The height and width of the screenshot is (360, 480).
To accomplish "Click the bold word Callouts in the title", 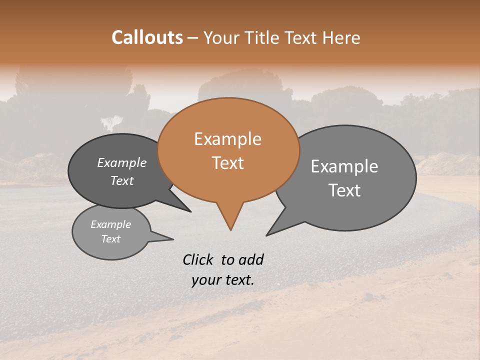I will click(x=147, y=37).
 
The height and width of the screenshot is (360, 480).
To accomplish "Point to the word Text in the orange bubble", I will click(x=228, y=162).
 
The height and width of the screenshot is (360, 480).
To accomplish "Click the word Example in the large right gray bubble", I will click(x=344, y=166).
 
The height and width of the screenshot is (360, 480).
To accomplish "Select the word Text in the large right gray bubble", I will click(x=345, y=190).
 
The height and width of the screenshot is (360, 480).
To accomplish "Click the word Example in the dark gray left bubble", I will click(x=122, y=162).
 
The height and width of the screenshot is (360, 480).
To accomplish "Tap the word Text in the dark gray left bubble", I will click(x=122, y=180).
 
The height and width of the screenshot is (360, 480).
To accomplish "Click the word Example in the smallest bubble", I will click(x=110, y=224).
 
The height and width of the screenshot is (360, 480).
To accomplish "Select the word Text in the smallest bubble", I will click(x=111, y=238).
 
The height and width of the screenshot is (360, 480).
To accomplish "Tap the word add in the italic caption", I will click(x=251, y=259).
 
